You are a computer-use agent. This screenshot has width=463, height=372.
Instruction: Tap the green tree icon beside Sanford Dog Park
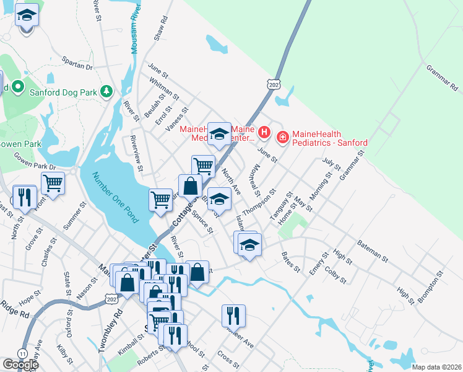click(107, 92)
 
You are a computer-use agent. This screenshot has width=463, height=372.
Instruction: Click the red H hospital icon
click(264, 132)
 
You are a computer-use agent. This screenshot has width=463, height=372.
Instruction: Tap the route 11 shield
click(23, 353)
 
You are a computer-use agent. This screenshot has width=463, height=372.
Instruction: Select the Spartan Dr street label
click(77, 64)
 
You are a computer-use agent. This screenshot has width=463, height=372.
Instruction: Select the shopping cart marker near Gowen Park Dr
click(53, 184)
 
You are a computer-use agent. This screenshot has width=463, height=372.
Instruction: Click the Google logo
click(20, 365)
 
